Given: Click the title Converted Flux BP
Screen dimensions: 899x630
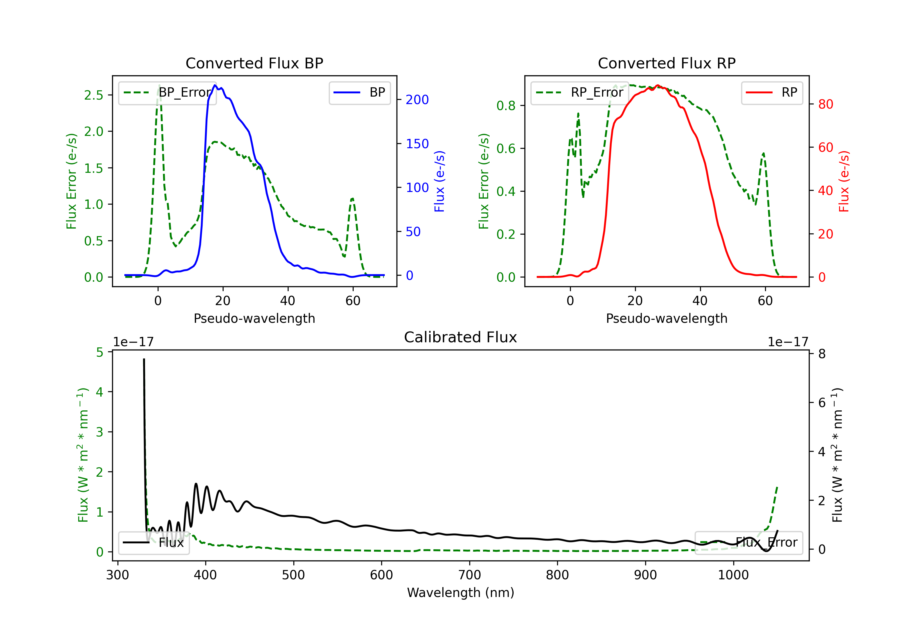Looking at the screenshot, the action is (254, 63).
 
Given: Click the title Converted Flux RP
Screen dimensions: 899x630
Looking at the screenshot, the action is (666, 63).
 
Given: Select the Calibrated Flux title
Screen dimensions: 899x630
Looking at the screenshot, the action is (461, 337).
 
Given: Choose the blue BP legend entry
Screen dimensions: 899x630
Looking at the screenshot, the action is (359, 92).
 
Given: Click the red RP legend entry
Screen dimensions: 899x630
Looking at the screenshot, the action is (772, 92).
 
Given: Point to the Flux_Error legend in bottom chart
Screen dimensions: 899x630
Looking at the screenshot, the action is (749, 543).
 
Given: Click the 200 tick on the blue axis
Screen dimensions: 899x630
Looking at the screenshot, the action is (417, 100).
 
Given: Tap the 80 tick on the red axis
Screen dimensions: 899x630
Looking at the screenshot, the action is (825, 104).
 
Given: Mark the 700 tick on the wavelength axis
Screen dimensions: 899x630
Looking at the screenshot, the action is (470, 575).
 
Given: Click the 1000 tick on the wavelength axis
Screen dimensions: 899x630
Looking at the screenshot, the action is (733, 575).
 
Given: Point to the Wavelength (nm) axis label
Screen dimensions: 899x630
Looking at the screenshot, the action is (461, 592).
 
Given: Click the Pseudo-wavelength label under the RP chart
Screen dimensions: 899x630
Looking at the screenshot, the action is (666, 318).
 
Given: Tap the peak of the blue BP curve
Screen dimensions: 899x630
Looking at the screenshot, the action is (215, 85).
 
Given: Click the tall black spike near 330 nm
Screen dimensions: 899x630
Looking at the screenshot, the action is (144, 359).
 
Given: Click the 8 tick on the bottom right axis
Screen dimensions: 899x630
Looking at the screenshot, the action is (821, 354).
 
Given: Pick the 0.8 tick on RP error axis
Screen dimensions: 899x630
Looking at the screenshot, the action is (506, 106).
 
